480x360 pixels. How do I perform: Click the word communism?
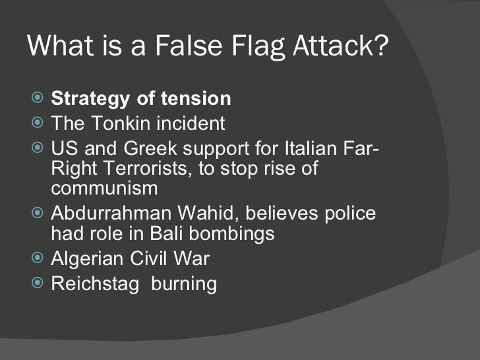coord(104,189)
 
